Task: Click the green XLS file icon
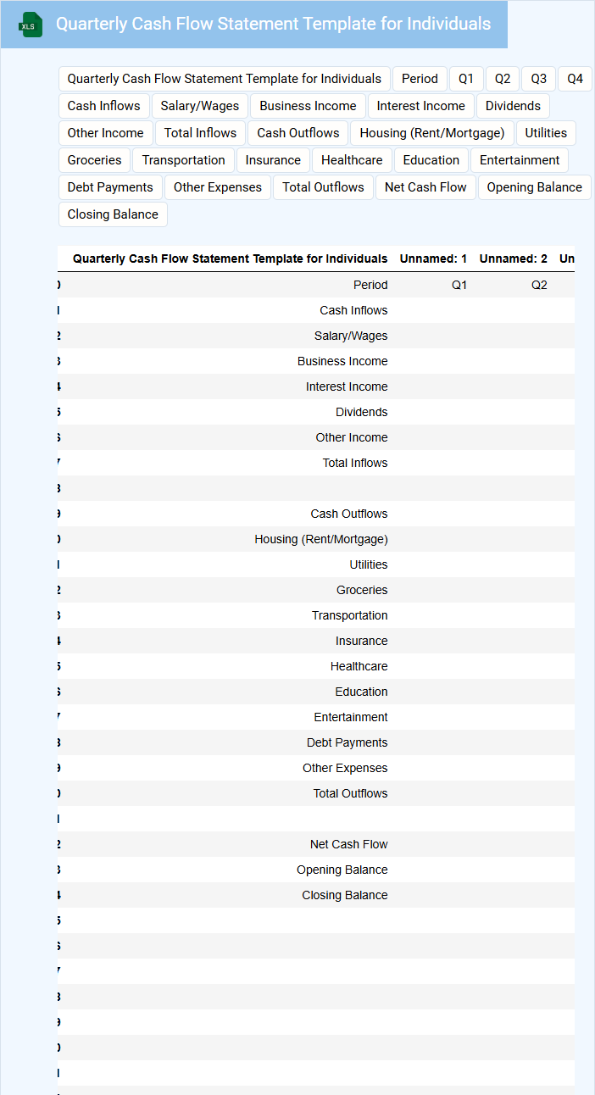pyautogui.click(x=31, y=25)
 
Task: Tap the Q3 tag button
pyautogui.click(x=539, y=79)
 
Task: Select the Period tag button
pyautogui.click(x=420, y=79)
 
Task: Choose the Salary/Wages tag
pyautogui.click(x=200, y=106)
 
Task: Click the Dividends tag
pyautogui.click(x=513, y=106)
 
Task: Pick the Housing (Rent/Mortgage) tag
pyautogui.click(x=432, y=133)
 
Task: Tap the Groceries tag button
pyautogui.click(x=95, y=160)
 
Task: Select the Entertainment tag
pyautogui.click(x=520, y=160)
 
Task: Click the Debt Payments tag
pyautogui.click(x=110, y=187)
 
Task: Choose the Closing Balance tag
pyautogui.click(x=113, y=214)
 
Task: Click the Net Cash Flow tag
pyautogui.click(x=425, y=187)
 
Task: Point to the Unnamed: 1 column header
pyautogui.click(x=433, y=258)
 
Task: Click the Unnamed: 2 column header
pyautogui.click(x=513, y=258)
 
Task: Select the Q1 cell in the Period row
pyautogui.click(x=459, y=285)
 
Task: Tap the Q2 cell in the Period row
pyautogui.click(x=539, y=285)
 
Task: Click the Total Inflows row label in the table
pyautogui.click(x=355, y=463)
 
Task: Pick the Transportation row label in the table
pyautogui.click(x=349, y=615)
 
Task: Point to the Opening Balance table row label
pyautogui.click(x=342, y=870)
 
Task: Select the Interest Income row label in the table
pyautogui.click(x=347, y=386)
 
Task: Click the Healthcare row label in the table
pyautogui.click(x=359, y=666)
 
